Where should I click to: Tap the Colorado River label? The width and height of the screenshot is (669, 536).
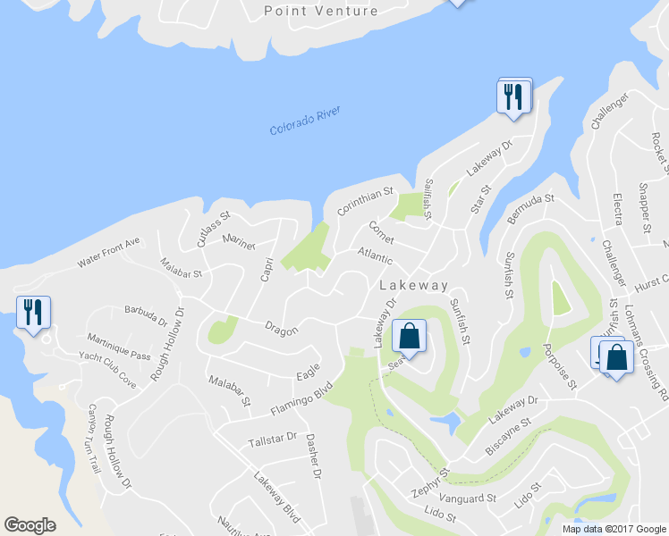(306, 126)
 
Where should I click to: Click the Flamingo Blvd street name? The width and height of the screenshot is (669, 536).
(301, 398)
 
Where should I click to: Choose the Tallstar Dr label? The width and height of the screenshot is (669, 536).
(273, 439)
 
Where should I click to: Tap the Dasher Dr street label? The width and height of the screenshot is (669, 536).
(313, 456)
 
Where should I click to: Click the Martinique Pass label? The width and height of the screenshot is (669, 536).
(119, 348)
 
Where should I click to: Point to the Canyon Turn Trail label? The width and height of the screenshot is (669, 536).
(92, 438)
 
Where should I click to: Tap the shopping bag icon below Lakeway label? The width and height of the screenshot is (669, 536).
(409, 338)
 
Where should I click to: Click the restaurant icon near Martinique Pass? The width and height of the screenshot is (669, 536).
(34, 313)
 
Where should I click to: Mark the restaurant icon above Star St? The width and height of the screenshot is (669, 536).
(513, 96)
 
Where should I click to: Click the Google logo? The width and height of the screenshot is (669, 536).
(30, 525)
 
